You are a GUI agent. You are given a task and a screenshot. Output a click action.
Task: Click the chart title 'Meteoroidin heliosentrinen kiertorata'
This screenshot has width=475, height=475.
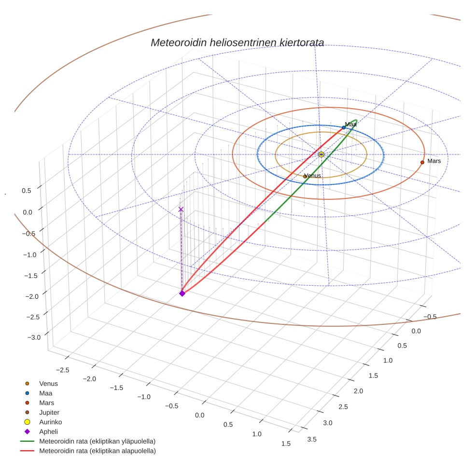(x=237, y=42)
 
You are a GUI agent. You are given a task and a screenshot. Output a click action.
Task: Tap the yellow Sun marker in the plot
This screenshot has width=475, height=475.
(x=321, y=154)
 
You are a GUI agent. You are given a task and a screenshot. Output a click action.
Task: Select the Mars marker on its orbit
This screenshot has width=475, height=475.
(x=422, y=162)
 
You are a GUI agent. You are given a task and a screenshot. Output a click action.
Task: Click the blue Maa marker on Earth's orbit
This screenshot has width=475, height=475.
(x=344, y=127)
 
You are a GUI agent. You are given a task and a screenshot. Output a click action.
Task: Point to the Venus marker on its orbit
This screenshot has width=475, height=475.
(x=305, y=177)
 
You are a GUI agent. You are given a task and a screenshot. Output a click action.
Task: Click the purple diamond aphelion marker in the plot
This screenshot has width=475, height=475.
(x=182, y=293)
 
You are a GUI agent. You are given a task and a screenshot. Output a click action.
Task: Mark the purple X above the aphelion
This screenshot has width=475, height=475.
(x=181, y=210)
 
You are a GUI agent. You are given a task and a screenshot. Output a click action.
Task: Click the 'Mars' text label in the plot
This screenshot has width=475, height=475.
(x=434, y=161)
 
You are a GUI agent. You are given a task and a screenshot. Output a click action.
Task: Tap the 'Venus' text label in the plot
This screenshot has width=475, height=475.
(x=313, y=176)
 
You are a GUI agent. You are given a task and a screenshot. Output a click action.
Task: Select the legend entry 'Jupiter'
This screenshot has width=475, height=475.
(x=49, y=412)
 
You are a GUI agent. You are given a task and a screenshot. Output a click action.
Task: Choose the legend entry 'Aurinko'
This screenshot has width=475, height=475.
(x=50, y=422)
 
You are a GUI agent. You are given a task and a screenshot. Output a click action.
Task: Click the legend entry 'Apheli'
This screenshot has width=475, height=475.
(x=48, y=432)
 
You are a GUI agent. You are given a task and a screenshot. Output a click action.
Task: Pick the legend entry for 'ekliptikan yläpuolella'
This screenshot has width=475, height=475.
(x=97, y=441)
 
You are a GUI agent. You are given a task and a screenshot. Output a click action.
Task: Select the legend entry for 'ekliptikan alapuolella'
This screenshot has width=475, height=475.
(x=97, y=451)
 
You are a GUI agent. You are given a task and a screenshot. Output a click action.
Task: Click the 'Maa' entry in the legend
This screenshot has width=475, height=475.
(x=45, y=393)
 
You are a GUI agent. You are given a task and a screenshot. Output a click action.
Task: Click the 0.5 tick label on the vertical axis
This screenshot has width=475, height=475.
(x=27, y=191)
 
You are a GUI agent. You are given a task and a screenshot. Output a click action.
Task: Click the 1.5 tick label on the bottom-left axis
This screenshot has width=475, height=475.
(x=285, y=444)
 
